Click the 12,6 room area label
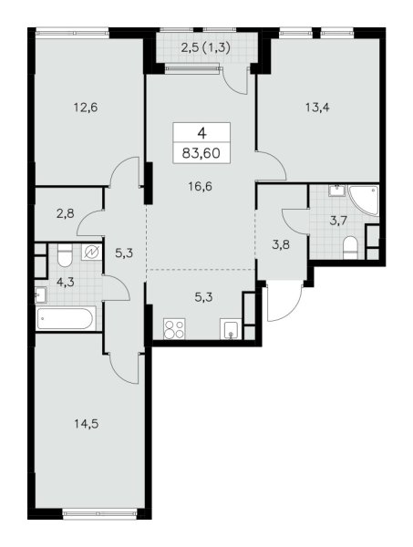click(86, 108)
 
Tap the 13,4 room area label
click(317, 108)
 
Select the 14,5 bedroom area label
click(87, 424)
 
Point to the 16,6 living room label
click(201, 187)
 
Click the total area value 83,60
click(201, 153)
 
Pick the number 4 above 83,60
click(201, 133)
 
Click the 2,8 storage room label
click(66, 212)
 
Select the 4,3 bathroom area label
click(66, 282)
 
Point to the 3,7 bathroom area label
click(338, 221)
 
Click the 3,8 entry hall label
click(281, 244)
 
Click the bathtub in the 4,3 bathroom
click(66, 318)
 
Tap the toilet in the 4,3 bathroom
click(65, 255)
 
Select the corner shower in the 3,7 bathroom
click(363, 201)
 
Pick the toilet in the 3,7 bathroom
click(351, 248)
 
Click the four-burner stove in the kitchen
click(174, 329)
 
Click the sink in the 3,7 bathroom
click(336, 191)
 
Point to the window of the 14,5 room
click(99, 512)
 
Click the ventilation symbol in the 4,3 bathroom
click(92, 252)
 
